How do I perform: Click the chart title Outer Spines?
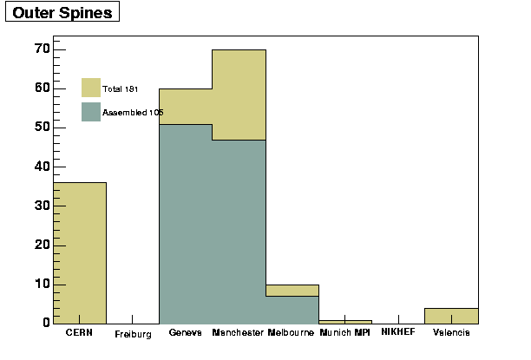click(x=62, y=13)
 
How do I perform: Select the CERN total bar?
click(x=80, y=253)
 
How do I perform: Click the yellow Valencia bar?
click(x=451, y=316)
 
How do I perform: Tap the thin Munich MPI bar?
click(x=345, y=322)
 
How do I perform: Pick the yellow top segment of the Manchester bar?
click(x=239, y=95)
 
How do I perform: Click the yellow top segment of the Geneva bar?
click(x=186, y=107)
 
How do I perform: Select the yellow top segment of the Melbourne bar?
click(x=292, y=291)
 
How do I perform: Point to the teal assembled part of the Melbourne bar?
click(x=292, y=311)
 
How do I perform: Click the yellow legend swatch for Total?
click(x=91, y=88)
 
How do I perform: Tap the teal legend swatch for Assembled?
click(x=91, y=112)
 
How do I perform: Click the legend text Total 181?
click(x=121, y=89)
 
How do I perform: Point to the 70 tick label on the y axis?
click(x=43, y=49)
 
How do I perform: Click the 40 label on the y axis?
click(x=43, y=167)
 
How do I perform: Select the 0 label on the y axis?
click(x=46, y=323)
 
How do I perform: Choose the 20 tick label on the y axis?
click(x=43, y=245)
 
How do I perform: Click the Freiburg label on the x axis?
click(x=133, y=335)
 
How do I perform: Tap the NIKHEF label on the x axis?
click(x=398, y=331)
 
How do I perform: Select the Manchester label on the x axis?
click(x=238, y=332)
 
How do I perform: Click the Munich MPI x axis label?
click(x=344, y=332)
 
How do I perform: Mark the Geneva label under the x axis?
click(x=185, y=332)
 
